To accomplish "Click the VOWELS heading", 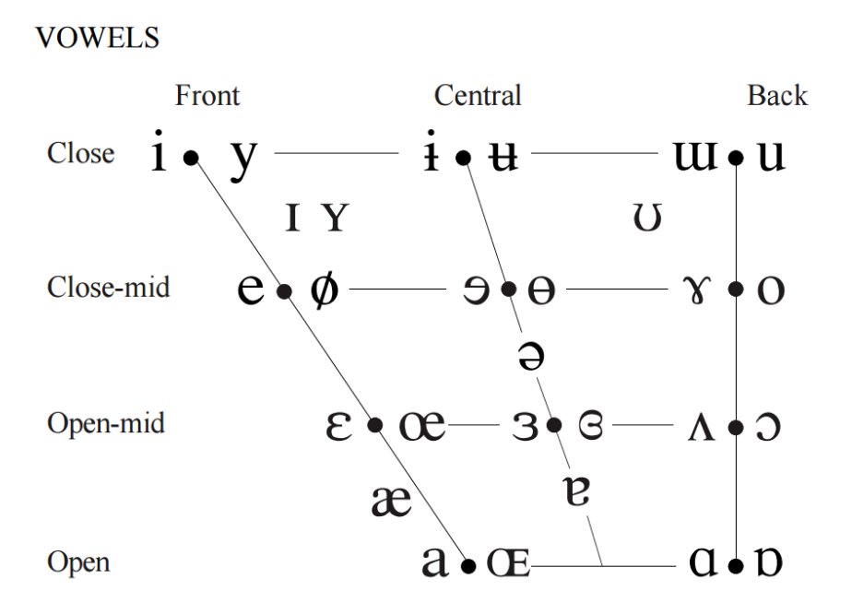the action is pos(97,38).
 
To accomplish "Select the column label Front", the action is pos(207,96).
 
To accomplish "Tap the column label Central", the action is pos(478,96).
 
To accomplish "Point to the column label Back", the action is pos(777,96).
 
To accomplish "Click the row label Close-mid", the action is pos(108,287).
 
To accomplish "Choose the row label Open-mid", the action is pos(106,423).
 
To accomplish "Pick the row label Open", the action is pos(78,561).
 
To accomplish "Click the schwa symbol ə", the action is pos(530,356).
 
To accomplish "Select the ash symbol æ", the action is pos(391,501).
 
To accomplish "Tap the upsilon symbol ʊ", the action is pos(647,218).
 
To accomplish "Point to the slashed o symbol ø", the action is pos(324,290).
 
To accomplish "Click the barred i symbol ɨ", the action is pos(431,151).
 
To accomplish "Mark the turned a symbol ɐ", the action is pos(576,491).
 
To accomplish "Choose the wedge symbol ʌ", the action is pos(701,426).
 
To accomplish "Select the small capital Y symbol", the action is pos(335,218).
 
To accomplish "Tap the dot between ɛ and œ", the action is pos(375,425).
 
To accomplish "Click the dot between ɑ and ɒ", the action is pos(736,566).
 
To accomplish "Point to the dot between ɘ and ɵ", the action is pos(509,289).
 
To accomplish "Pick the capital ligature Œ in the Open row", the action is pos(509,562).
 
